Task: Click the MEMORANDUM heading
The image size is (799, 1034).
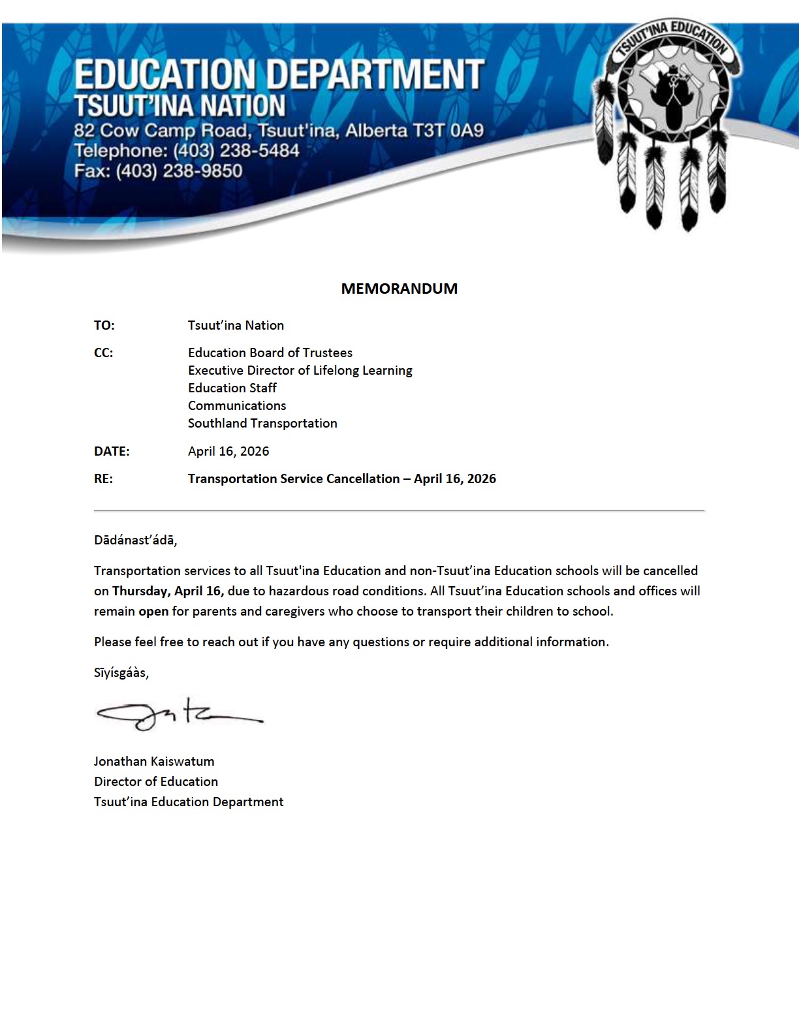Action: (x=399, y=289)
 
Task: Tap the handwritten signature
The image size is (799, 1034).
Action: (x=180, y=713)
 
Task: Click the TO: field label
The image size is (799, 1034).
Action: (x=104, y=325)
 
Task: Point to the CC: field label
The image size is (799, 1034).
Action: (x=103, y=352)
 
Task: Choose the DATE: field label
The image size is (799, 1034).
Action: (x=112, y=451)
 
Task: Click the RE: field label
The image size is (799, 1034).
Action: (x=103, y=478)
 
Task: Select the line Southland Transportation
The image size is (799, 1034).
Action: (x=262, y=423)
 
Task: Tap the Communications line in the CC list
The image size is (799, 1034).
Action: (x=237, y=405)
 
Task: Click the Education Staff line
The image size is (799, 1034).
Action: (x=232, y=388)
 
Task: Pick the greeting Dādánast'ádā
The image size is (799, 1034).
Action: (x=135, y=540)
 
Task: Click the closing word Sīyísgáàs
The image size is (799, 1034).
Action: (x=121, y=673)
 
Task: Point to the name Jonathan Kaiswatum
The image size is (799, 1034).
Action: (x=154, y=761)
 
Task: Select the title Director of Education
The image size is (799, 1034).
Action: (x=156, y=781)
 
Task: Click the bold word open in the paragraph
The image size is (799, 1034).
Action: (x=153, y=612)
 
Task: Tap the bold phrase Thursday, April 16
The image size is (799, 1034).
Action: (x=168, y=591)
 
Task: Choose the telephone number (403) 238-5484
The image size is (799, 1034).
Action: (x=236, y=151)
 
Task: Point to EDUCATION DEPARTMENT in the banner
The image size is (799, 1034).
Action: (x=279, y=74)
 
